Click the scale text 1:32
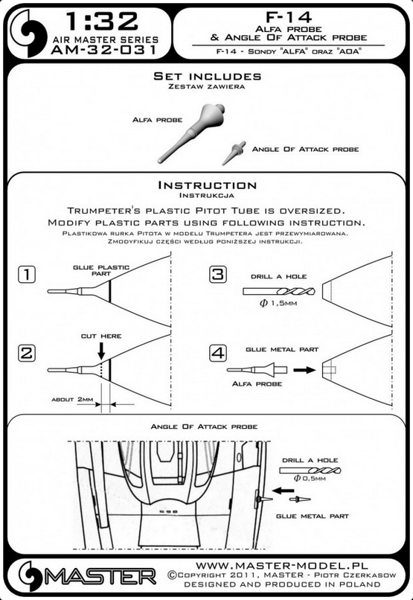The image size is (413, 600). pos(102,22)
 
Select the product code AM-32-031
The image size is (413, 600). pos(104,50)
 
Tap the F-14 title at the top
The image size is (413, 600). pos(289,17)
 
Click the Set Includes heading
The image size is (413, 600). pos(208,76)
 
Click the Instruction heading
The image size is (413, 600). pos(208,185)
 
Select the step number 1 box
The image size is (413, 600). pos(27,275)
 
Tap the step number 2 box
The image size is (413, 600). pos(27,353)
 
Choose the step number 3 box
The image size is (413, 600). pos(218,275)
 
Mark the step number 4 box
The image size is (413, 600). pos(218,353)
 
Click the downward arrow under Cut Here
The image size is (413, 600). pos(101,351)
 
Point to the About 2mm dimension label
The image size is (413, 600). pos(72,400)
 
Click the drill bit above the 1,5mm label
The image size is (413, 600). pos(279,292)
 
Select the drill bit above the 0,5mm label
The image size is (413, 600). pos(310,470)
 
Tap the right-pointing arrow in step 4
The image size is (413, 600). pos(304,370)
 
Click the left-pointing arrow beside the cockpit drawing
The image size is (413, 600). pos(284,490)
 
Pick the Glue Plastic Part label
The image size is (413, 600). pos(101,270)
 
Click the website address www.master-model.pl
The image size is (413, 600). pos(282,566)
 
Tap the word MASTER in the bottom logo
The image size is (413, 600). pos(100,576)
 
